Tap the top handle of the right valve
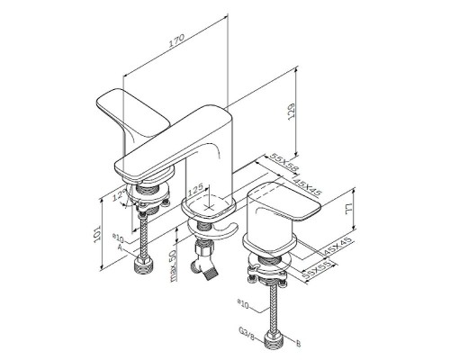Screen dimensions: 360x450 point(289,198)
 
